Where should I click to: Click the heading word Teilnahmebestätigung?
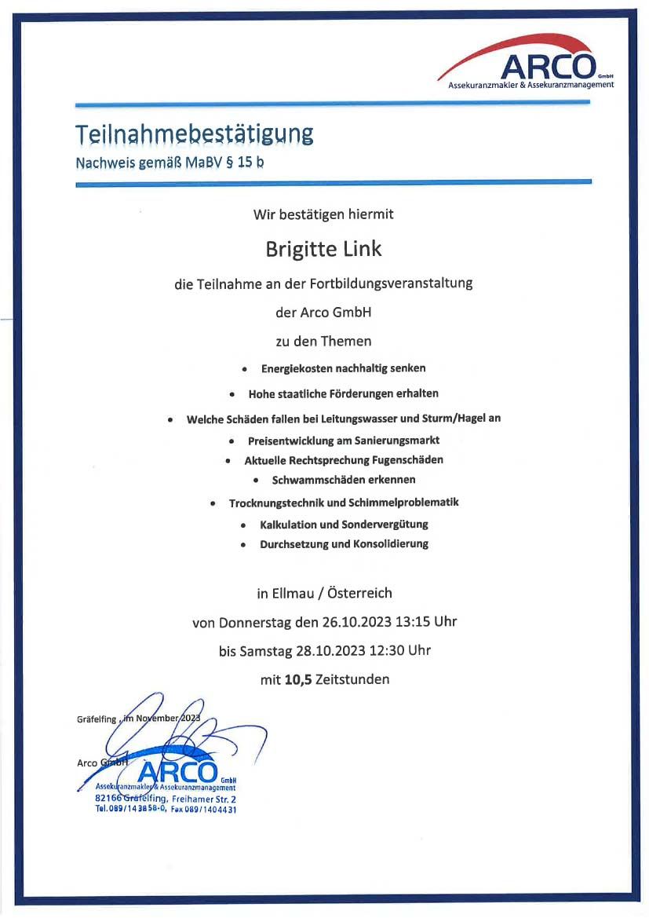click(194, 133)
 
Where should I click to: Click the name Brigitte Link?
click(324, 249)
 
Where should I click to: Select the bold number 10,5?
click(298, 679)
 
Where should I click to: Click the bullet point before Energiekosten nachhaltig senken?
click(245, 368)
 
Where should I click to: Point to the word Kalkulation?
click(288, 524)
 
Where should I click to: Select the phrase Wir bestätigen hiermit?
click(323, 213)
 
